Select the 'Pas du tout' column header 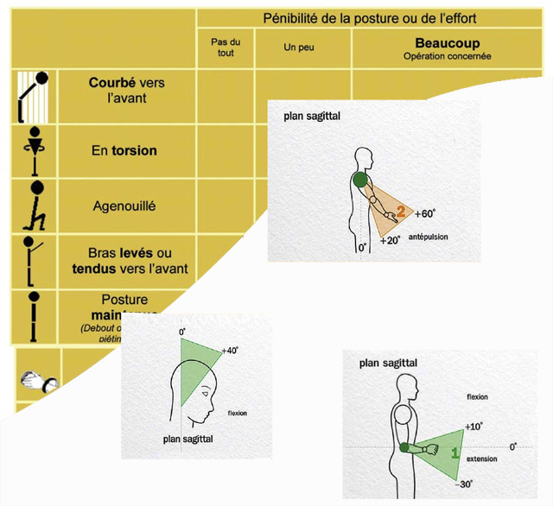coord(226,47)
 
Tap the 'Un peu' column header coord(297,47)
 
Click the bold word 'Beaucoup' coord(447,43)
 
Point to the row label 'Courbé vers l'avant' coord(127,91)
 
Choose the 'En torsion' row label coord(124,150)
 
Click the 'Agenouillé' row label coord(124,206)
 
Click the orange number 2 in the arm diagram coord(400,209)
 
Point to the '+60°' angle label coord(427,213)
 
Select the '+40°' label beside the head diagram coord(229,351)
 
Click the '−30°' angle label coord(466,484)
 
